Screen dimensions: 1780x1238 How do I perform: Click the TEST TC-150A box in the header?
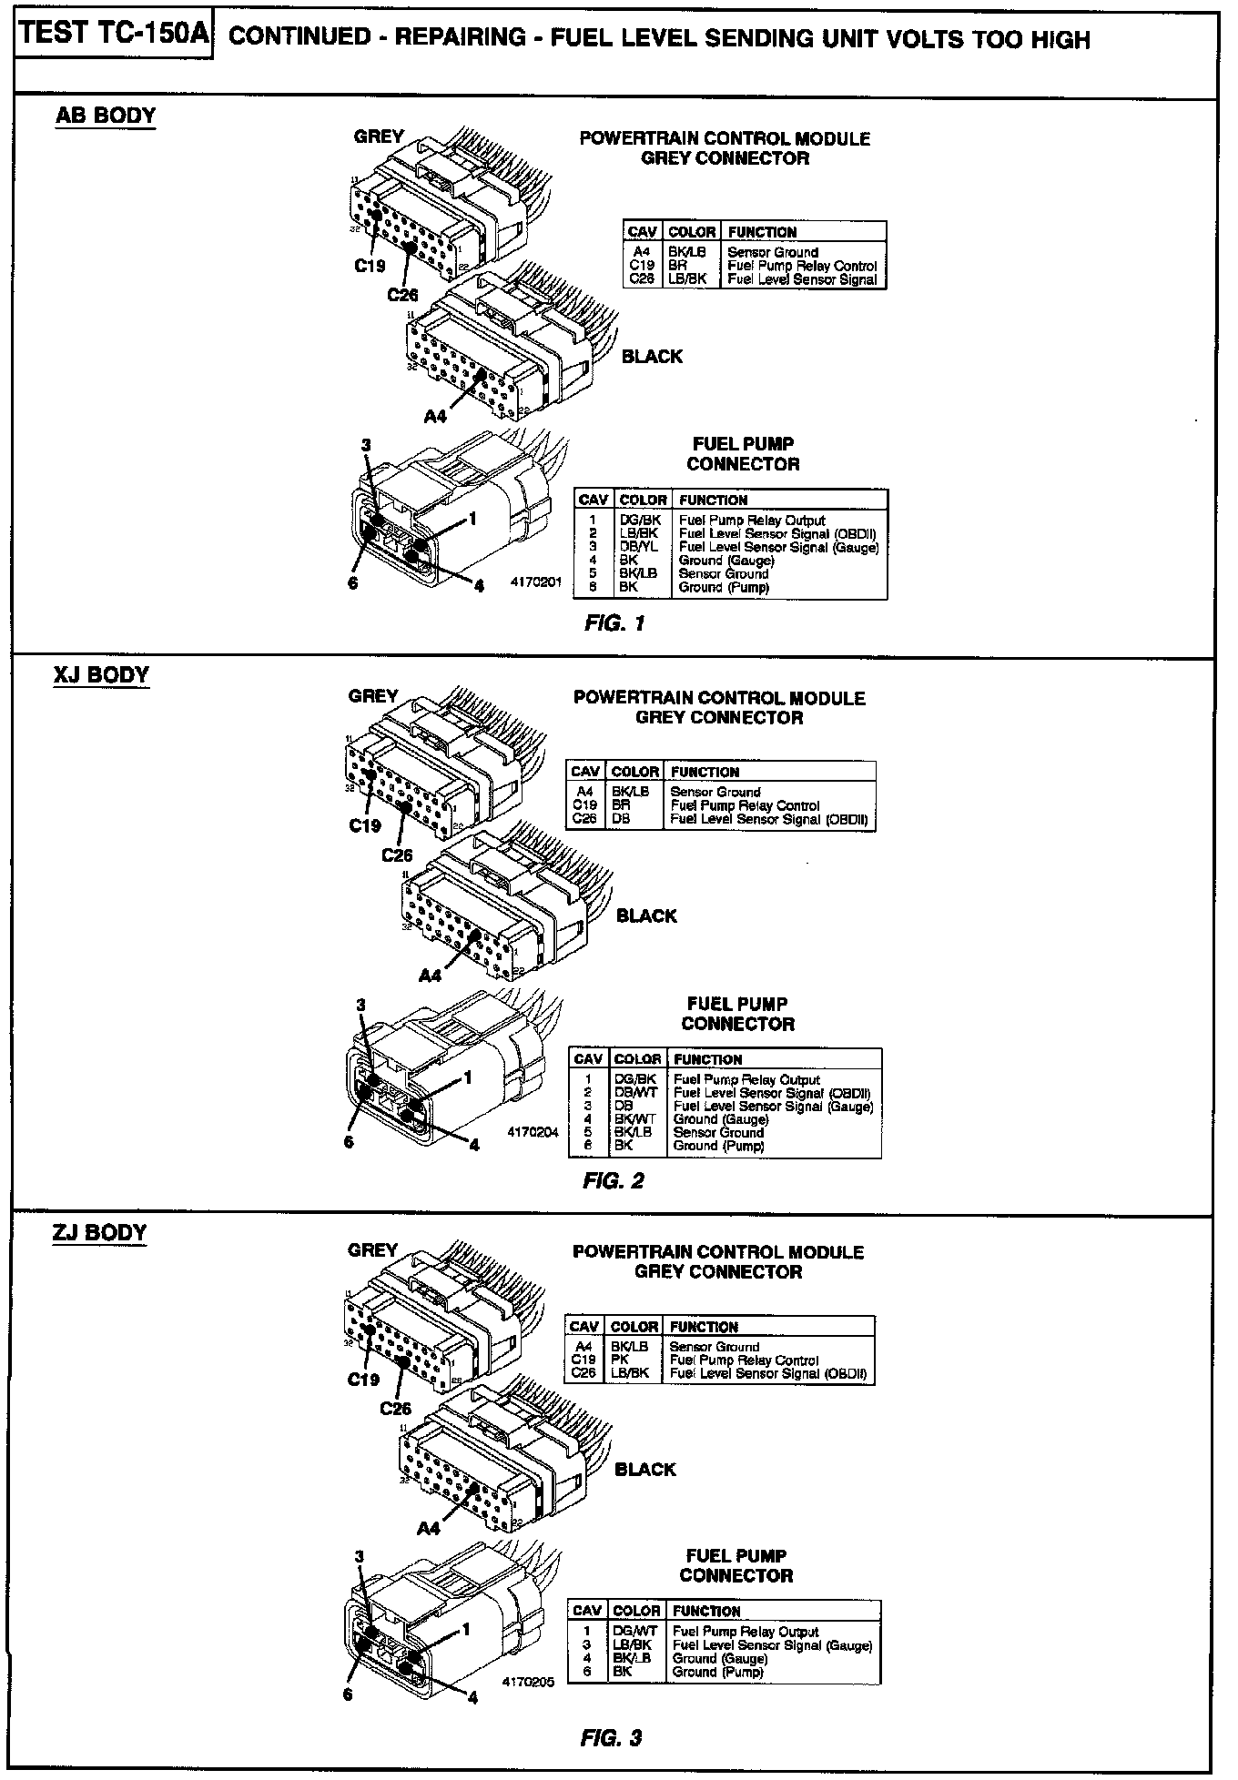[x=114, y=35]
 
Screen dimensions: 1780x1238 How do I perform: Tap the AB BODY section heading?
[x=106, y=116]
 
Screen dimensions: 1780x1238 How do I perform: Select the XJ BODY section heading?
[x=101, y=675]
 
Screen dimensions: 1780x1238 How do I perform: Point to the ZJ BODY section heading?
[x=100, y=1232]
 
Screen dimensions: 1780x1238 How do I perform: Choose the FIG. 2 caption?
[x=614, y=1181]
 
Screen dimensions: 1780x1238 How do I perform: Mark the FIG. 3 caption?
[x=612, y=1738]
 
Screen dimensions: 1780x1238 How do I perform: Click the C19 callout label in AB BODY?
[x=370, y=266]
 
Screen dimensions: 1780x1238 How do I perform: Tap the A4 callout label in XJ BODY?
[x=430, y=975]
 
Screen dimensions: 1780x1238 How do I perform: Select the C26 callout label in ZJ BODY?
[x=396, y=1409]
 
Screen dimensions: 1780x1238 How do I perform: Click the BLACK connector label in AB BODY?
[x=652, y=357]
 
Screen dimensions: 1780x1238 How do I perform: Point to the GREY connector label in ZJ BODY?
[x=372, y=1250]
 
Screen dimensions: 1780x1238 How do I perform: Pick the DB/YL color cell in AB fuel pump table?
[x=638, y=547]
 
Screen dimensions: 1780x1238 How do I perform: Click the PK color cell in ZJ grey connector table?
[x=622, y=1360]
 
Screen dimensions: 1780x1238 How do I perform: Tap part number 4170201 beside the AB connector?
[x=538, y=581]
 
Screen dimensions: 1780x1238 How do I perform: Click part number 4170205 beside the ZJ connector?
[x=528, y=1683]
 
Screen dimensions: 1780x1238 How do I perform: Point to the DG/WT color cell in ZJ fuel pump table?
[x=634, y=1632]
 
